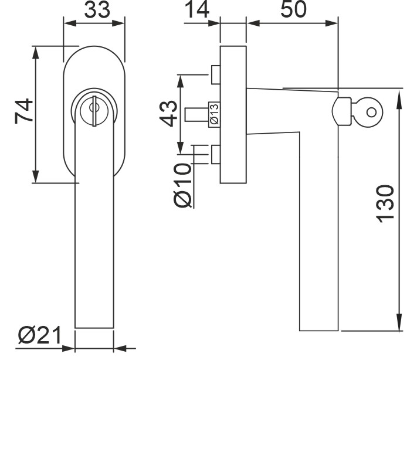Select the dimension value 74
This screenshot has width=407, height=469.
(x=24, y=111)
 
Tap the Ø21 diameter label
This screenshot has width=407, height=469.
(x=39, y=335)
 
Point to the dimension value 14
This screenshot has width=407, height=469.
(x=197, y=10)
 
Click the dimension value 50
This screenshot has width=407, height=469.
(x=292, y=10)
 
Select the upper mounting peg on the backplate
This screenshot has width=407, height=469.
(x=215, y=74)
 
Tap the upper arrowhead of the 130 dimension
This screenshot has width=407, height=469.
(x=398, y=97)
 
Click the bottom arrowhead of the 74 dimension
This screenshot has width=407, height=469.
(x=36, y=176)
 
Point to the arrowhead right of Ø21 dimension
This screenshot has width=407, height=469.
(x=121, y=348)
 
